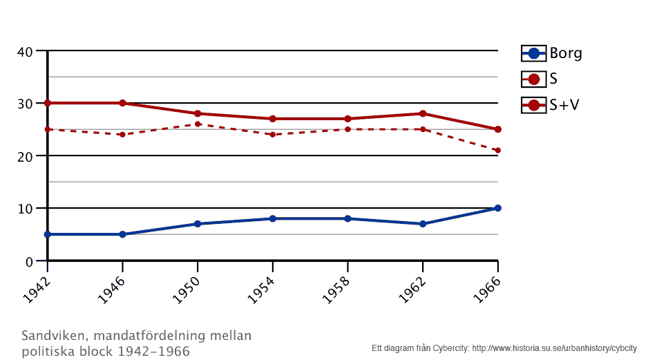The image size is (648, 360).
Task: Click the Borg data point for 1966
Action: (x=497, y=208)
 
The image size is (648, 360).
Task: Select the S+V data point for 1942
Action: (x=48, y=103)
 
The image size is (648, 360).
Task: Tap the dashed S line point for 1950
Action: (x=198, y=124)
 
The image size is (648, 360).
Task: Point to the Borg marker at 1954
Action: (x=273, y=218)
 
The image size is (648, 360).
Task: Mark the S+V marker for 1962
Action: (x=423, y=113)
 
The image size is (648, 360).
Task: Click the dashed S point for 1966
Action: (x=497, y=150)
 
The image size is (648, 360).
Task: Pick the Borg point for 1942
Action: (x=48, y=234)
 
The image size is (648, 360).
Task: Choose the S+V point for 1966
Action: (x=497, y=129)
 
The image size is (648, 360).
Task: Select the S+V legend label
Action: (x=564, y=105)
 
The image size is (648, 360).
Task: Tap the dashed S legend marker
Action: (x=533, y=79)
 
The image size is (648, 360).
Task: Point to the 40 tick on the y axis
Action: (x=26, y=52)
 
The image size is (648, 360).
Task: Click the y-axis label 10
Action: (x=26, y=209)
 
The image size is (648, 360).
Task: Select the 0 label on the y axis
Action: (x=30, y=261)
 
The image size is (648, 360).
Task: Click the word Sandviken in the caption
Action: (x=52, y=336)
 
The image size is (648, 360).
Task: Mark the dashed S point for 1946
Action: (x=122, y=134)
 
